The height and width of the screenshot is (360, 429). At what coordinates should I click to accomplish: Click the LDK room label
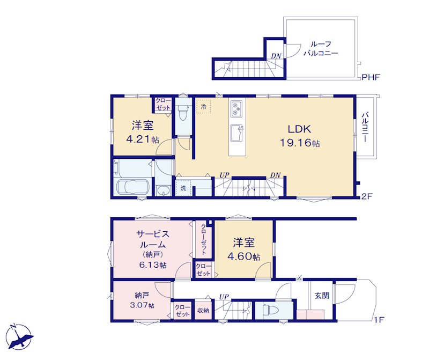(299, 129)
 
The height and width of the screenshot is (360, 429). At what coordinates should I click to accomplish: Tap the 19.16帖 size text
(300, 143)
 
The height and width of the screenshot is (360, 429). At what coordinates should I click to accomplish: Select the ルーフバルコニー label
(321, 48)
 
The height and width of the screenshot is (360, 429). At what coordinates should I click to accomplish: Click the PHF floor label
(371, 77)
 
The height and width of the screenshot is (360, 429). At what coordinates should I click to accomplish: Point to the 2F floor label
(367, 196)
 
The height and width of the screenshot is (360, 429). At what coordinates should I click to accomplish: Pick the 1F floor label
(380, 319)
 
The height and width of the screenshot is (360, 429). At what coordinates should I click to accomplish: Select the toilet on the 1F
(270, 310)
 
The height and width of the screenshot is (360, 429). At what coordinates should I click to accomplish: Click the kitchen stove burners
(236, 108)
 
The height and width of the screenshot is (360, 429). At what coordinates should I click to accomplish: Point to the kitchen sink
(237, 133)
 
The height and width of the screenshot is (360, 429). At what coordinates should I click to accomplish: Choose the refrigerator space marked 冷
(204, 106)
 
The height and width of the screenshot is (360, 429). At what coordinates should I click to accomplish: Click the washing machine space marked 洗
(183, 188)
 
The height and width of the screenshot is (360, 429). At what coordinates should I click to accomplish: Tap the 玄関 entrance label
(322, 296)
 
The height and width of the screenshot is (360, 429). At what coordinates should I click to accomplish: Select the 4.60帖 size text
(244, 256)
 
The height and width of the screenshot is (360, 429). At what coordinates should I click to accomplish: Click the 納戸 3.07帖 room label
(142, 300)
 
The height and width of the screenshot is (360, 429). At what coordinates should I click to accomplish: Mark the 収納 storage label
(203, 311)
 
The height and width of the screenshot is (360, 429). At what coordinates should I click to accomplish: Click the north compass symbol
(20, 336)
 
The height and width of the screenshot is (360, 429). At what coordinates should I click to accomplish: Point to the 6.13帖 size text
(153, 265)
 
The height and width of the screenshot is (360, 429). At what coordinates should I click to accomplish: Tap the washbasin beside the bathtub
(163, 190)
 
